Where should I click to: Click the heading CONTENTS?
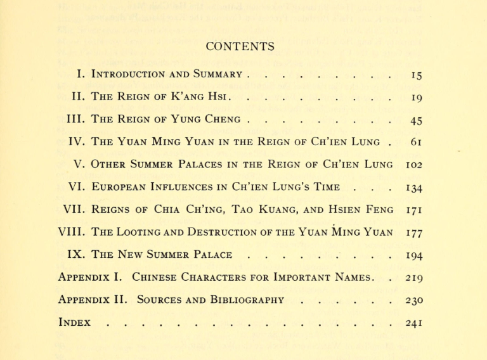pyautogui.click(x=240, y=46)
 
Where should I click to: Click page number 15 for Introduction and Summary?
pyautogui.click(x=416, y=75)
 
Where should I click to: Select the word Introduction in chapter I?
pyautogui.click(x=129, y=74)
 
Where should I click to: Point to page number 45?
pyautogui.click(x=416, y=120)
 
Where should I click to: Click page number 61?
pyautogui.click(x=416, y=142)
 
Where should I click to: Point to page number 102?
pyautogui.click(x=413, y=165)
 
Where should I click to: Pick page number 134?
pyautogui.click(x=415, y=188)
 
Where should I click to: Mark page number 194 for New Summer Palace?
pyautogui.click(x=415, y=255)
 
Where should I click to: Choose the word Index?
pyautogui.click(x=74, y=322)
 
